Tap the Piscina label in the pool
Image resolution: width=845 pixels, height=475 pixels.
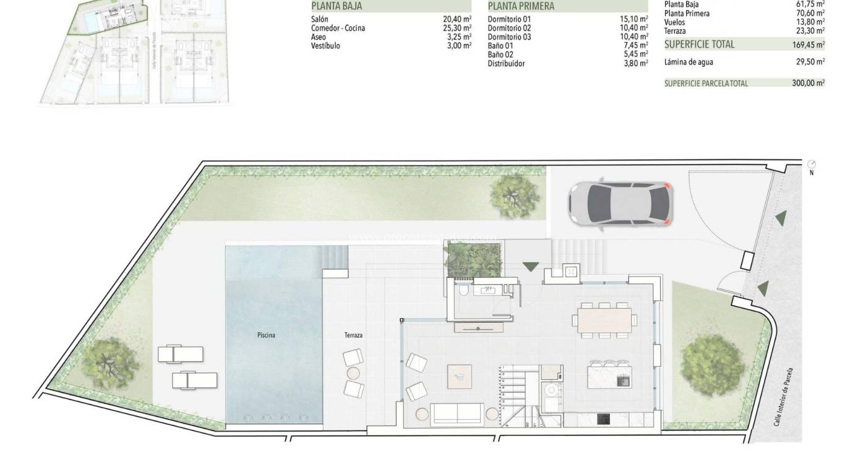coord(266,335)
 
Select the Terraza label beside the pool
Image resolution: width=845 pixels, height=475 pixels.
coord(353,335)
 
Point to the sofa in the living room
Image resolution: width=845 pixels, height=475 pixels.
coord(458,413)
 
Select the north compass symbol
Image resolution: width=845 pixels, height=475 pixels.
coord(812,164)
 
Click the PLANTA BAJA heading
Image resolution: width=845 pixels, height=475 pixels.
coord(337,6)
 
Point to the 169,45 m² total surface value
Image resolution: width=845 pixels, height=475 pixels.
coord(808,45)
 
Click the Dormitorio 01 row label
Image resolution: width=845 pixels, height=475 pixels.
coord(509,19)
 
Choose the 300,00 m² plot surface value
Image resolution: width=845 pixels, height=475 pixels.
coord(808,83)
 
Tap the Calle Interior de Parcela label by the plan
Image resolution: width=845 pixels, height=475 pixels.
coord(783,396)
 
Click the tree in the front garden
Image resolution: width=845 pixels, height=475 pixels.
coord(713,365)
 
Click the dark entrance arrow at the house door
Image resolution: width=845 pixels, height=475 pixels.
coord(530,267)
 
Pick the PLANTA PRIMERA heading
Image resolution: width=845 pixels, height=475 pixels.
coord(521,6)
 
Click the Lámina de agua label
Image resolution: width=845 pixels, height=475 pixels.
coord(688,62)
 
